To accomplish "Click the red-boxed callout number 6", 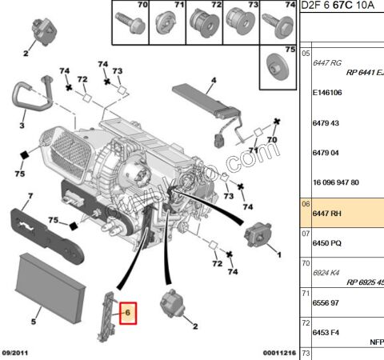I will pyautogui.click(x=128, y=312).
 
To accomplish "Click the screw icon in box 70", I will pyautogui.click(x=128, y=20).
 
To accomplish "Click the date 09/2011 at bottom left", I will pyautogui.click(x=17, y=353).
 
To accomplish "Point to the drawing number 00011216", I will pyautogui.click(x=281, y=353).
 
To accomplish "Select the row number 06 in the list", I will pyautogui.click(x=306, y=205).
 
